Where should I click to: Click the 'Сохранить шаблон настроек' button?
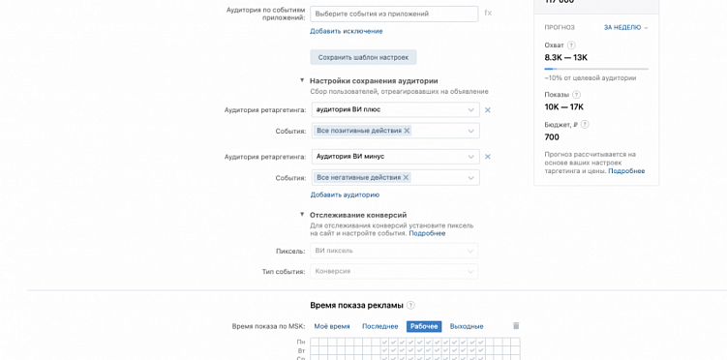(363, 57)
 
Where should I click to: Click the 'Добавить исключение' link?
(346, 31)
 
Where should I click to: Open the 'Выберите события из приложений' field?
(394, 14)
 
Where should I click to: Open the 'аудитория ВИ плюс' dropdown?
(395, 109)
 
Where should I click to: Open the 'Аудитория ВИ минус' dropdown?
(395, 157)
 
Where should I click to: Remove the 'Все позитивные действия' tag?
(407, 131)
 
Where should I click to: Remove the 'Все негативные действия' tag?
(406, 178)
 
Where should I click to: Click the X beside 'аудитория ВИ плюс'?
(488, 110)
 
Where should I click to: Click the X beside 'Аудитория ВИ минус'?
(488, 157)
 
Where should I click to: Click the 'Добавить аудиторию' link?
(345, 195)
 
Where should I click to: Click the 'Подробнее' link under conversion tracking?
(427, 233)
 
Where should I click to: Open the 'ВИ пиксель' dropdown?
(394, 251)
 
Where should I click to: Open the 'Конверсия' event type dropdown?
(394, 271)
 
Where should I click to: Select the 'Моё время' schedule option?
(332, 327)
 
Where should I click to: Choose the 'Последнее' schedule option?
(379, 327)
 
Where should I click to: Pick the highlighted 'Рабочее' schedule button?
(424, 327)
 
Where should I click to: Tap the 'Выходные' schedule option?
(467, 327)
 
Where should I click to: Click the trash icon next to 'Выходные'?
(516, 326)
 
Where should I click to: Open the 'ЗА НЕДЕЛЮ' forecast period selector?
(625, 27)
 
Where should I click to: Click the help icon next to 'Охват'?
(571, 45)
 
